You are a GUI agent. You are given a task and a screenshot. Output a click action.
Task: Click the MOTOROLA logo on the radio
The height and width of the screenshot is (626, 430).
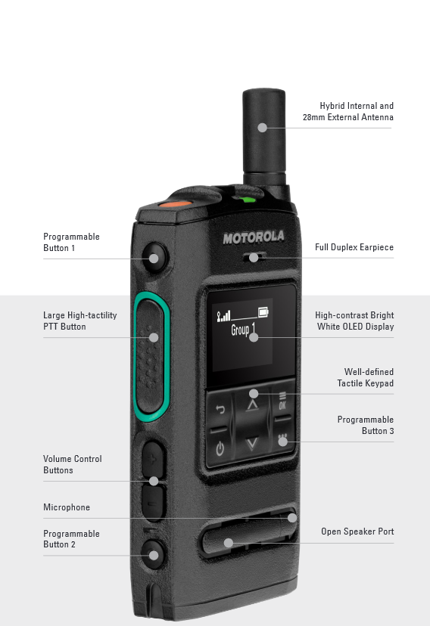coord(254,237)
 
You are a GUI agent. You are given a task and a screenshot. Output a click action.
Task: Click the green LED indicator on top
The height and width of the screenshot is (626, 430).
coord(247,200)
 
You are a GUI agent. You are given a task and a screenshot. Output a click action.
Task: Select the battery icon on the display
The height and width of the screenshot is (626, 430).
coord(263,311)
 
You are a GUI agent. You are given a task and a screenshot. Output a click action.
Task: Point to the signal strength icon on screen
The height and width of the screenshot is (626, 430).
coord(223,317)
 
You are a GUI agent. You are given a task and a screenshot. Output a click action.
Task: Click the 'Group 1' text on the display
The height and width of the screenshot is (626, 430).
coord(243,330)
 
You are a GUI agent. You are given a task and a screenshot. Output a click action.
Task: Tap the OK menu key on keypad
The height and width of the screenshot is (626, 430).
coord(282,401)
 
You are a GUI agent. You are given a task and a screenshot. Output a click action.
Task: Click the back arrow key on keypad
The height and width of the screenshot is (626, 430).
coord(220,409)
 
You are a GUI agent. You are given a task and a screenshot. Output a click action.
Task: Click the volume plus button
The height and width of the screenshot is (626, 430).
coord(153,459)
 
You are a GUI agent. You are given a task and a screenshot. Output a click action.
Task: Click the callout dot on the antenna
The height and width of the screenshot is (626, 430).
coord(262,127)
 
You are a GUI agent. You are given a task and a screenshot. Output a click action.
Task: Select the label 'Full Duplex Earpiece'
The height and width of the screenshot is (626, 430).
coord(354,247)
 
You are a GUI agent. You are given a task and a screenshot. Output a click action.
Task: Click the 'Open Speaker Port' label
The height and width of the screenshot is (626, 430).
coord(357,531)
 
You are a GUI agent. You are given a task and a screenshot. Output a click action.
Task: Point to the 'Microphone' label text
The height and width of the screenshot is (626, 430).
coord(67,507)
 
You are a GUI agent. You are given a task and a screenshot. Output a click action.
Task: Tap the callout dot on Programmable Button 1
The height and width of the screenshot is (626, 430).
coord(154,259)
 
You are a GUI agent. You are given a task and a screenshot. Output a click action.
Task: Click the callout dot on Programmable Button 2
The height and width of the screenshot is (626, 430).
coord(154,555)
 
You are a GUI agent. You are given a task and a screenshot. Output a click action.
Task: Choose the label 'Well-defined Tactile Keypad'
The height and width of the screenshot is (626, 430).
coord(365,377)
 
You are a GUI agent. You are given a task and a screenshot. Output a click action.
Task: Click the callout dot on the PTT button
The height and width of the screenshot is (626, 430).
coord(154,337)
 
